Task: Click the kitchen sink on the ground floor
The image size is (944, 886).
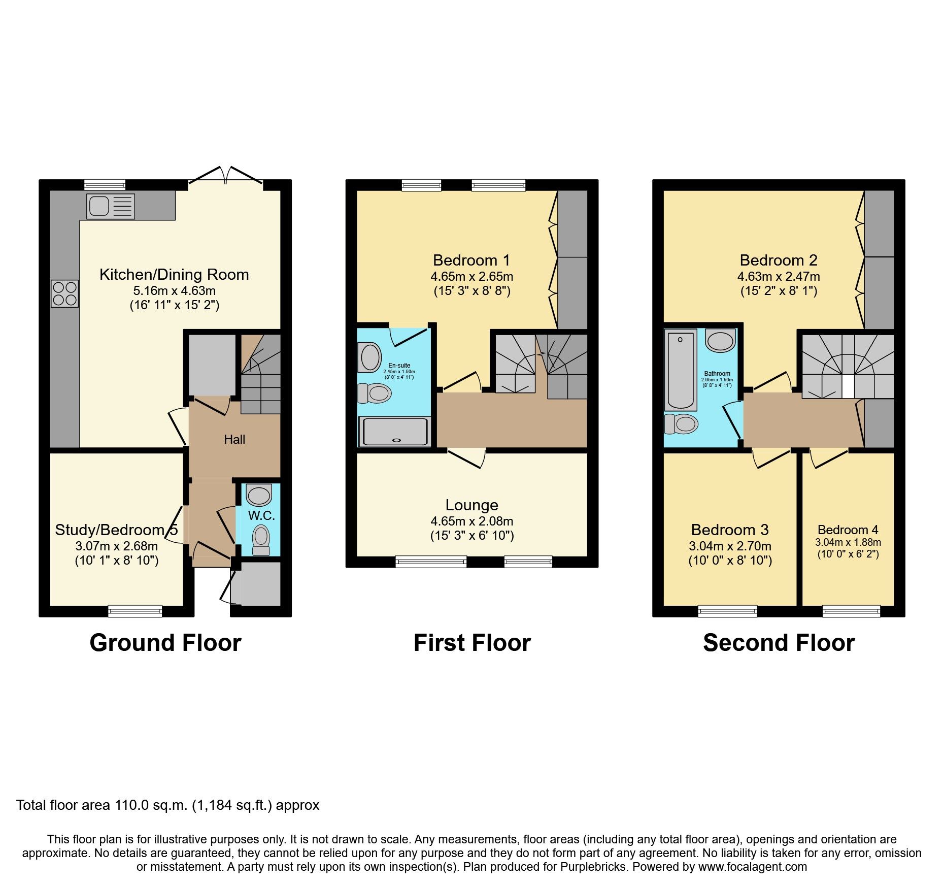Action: point(110,206)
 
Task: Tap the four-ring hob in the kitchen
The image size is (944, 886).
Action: point(65,293)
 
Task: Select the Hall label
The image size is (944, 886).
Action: point(234,440)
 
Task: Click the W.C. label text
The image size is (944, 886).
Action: point(261,516)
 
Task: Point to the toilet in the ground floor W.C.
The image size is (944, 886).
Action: point(261,539)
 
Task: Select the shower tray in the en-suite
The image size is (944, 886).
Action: point(394,432)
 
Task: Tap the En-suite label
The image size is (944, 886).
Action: point(399,366)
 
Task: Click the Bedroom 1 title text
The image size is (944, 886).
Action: point(471,260)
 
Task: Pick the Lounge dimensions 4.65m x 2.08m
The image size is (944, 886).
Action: point(471,521)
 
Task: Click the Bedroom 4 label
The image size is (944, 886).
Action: point(848,530)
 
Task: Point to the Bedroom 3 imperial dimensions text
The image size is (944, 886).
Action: point(730,561)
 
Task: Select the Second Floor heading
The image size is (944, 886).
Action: point(779,643)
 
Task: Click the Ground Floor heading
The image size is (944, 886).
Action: point(165,643)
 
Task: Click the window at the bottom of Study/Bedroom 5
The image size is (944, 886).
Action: point(135,611)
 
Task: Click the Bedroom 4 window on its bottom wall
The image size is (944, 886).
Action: point(851,611)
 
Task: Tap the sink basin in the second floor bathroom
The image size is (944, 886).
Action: point(720,341)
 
